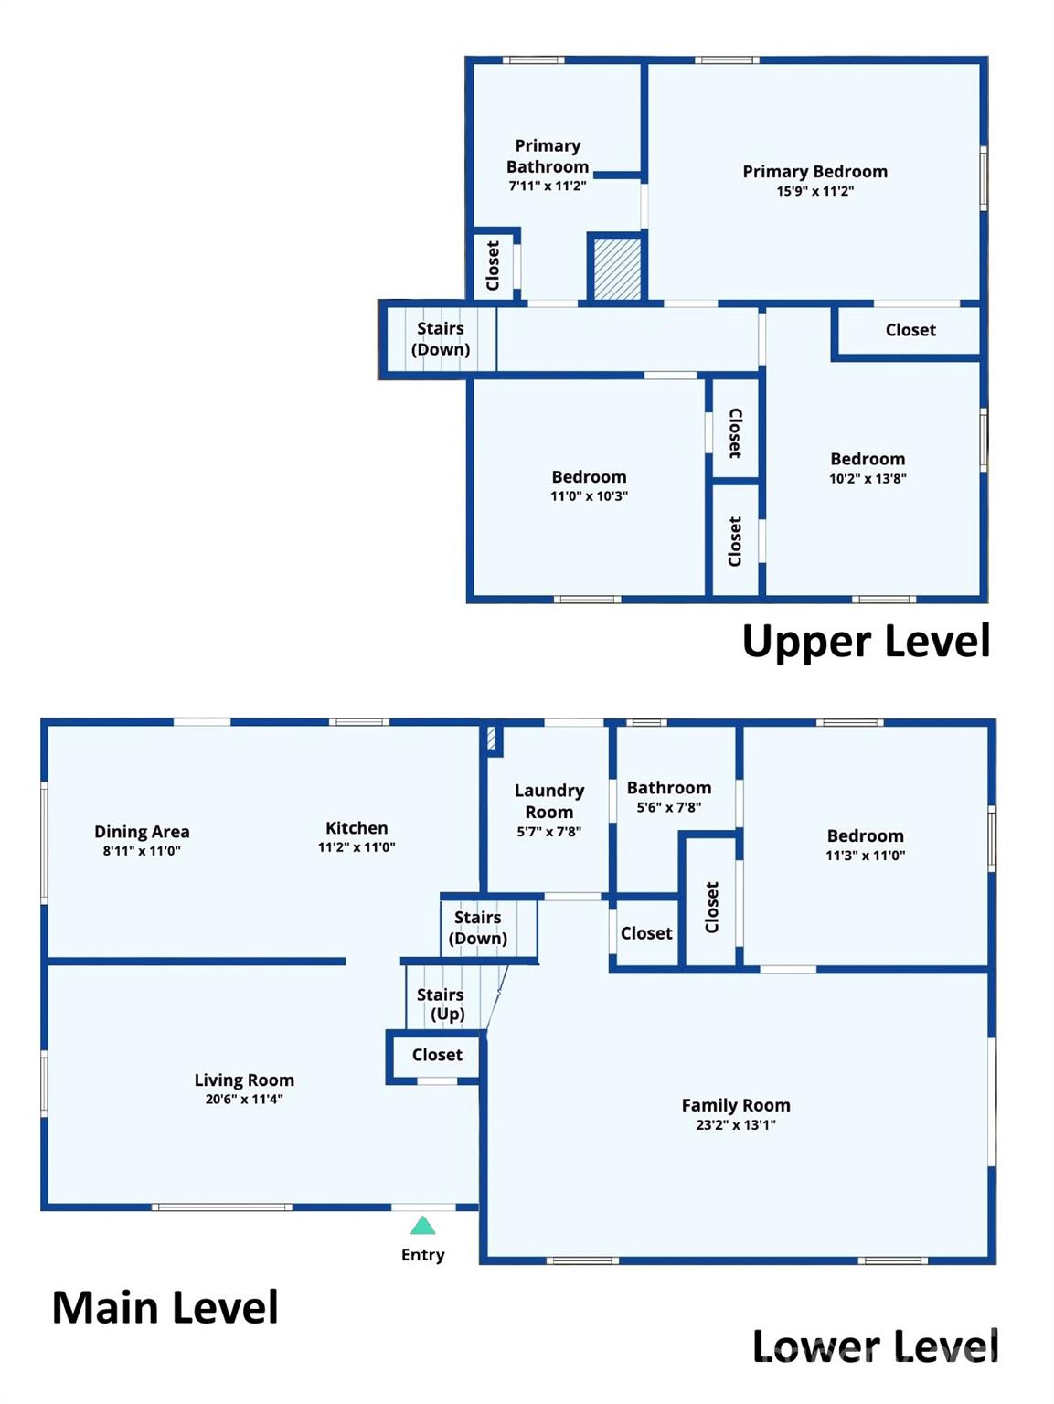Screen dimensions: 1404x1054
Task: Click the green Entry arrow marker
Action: click(x=422, y=1226)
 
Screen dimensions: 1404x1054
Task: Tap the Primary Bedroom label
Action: click(x=814, y=172)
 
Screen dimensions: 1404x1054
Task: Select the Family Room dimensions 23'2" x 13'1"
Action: click(x=735, y=1125)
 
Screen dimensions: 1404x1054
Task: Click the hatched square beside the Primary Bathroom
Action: click(x=617, y=268)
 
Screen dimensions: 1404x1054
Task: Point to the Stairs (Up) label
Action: click(x=441, y=1004)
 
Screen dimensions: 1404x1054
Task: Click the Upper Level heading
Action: click(x=865, y=641)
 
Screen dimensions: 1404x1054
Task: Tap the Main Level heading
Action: click(x=165, y=1307)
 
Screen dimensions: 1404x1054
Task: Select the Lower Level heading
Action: click(x=874, y=1346)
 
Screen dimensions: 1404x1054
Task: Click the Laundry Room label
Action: click(x=548, y=801)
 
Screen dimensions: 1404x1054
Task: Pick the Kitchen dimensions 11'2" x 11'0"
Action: click(x=357, y=847)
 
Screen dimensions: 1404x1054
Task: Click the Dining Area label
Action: click(x=142, y=832)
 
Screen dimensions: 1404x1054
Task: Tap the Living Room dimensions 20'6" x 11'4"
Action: click(x=243, y=1100)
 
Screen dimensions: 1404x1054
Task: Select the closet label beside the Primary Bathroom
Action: click(x=493, y=265)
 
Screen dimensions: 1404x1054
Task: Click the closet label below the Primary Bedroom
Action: click(x=910, y=330)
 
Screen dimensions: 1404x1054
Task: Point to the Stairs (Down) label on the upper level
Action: click(x=441, y=338)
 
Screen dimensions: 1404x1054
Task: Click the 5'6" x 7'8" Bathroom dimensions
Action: click(x=668, y=808)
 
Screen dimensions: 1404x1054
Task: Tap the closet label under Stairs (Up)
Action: click(x=437, y=1055)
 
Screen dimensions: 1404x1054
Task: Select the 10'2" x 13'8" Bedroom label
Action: click(x=867, y=459)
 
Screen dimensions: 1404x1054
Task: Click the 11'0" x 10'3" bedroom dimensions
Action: click(x=589, y=496)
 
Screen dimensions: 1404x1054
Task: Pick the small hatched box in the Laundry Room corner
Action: click(x=492, y=739)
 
